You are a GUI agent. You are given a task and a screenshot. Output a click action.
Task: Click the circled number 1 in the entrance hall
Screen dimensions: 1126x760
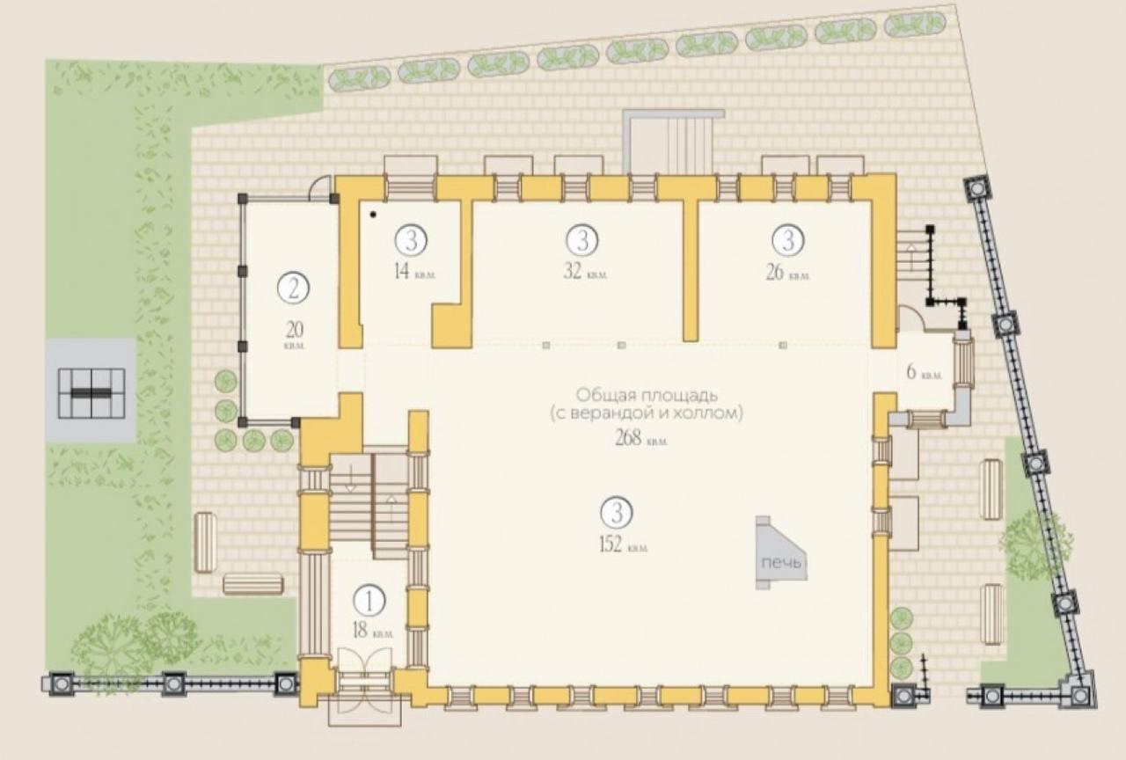(369, 601)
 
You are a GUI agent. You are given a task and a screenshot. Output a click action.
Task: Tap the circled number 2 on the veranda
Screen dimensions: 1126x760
(294, 288)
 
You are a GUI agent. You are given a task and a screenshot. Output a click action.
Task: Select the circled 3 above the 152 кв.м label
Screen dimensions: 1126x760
(617, 513)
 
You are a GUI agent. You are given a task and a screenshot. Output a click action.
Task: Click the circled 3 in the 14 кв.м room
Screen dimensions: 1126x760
(411, 240)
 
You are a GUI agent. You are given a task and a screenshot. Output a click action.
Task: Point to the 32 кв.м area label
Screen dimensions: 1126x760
(585, 273)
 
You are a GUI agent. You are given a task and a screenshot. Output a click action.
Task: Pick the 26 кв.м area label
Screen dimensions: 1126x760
(787, 273)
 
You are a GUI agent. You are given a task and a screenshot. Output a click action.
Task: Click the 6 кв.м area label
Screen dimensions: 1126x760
(924, 373)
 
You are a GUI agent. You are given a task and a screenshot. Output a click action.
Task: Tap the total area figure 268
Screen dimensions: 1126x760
(628, 438)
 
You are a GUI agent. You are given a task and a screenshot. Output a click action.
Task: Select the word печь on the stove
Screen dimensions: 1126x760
(781, 562)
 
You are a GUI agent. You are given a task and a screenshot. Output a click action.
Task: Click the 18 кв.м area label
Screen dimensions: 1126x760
(372, 631)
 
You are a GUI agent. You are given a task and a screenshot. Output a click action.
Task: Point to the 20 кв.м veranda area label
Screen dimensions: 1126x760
(295, 335)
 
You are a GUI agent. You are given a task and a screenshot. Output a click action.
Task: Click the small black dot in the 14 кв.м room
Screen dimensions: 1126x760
(373, 215)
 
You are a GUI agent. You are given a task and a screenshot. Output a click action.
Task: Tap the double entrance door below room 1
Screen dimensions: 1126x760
(365, 680)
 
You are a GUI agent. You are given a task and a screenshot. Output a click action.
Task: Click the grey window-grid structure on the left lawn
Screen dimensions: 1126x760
(91, 393)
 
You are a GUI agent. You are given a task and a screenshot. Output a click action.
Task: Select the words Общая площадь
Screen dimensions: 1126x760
(647, 395)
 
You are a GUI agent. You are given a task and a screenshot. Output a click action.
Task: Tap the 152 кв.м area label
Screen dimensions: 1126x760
(624, 544)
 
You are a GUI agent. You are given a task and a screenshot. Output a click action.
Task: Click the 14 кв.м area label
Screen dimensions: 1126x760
(414, 273)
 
